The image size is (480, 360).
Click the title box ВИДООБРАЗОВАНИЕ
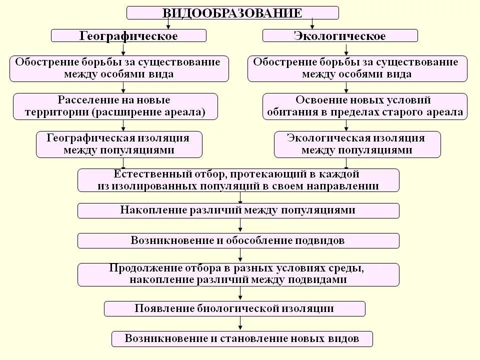tap(232, 12)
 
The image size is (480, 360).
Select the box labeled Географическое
tap(128, 35)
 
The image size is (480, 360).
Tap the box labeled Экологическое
tap(340, 35)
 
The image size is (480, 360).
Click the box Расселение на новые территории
tap(115, 106)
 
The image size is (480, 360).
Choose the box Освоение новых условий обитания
tap(365, 106)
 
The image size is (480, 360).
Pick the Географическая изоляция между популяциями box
tap(119, 144)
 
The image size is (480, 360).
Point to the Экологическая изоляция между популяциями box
tap(357, 144)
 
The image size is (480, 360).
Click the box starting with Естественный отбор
tap(238, 180)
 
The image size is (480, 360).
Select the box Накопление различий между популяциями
tap(238, 210)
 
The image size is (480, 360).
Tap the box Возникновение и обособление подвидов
tap(238, 240)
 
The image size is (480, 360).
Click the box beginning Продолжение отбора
tap(238, 274)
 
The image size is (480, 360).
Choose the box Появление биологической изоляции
tap(234, 308)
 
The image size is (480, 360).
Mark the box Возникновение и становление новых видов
tap(242, 338)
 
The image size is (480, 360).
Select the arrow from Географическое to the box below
tap(123, 49)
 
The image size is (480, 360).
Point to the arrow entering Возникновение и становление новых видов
tap(241, 324)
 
